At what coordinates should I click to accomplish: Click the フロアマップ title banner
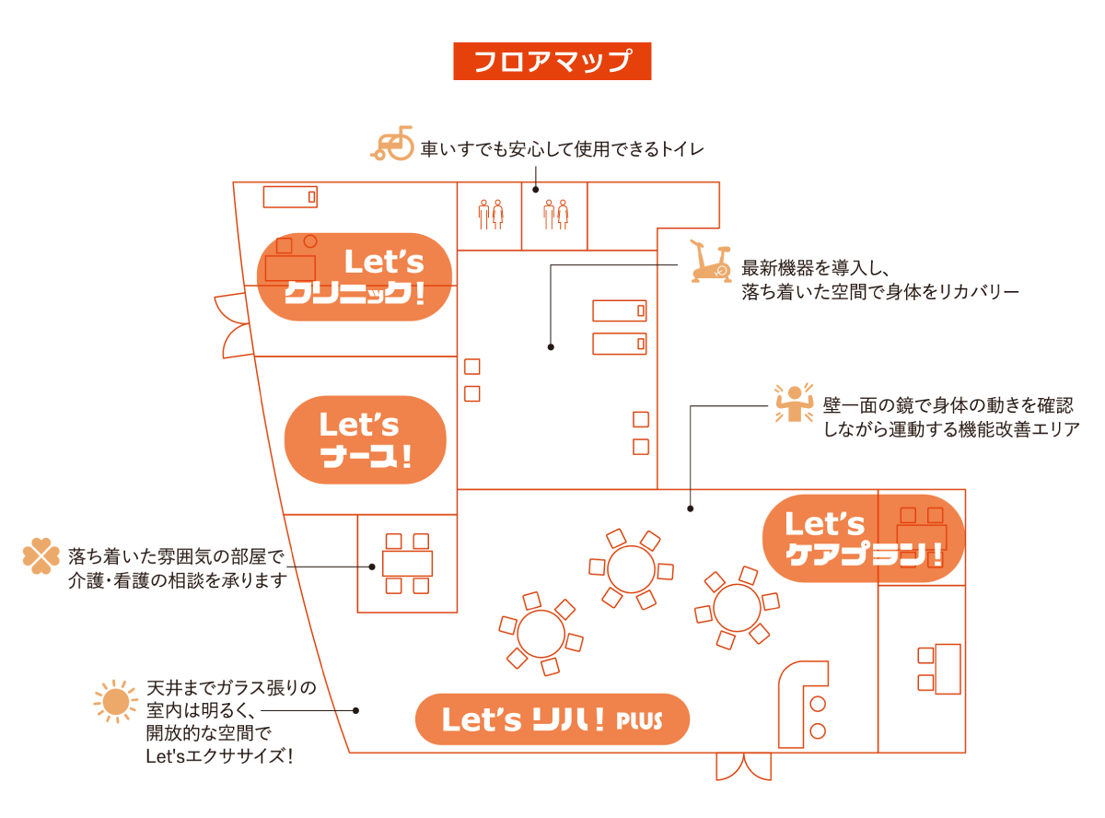[x=552, y=61]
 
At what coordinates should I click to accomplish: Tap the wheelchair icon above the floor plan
[x=393, y=145]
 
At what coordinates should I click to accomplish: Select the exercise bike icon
[x=710, y=263]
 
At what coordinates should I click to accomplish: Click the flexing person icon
[x=791, y=403]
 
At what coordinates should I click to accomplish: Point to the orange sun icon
[x=115, y=702]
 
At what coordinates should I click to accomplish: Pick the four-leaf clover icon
[x=41, y=556]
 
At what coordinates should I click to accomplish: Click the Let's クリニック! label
[x=354, y=276]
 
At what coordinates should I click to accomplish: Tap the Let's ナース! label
[x=366, y=440]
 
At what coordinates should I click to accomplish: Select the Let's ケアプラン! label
[x=864, y=539]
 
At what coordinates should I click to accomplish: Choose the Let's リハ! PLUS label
[x=552, y=719]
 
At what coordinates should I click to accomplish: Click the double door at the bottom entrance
[x=744, y=766]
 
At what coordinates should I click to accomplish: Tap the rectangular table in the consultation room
[x=407, y=564]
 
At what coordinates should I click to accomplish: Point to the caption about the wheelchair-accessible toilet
[x=562, y=148]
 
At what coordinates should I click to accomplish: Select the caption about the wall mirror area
[x=950, y=417]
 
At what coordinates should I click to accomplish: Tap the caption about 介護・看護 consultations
[x=177, y=568]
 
